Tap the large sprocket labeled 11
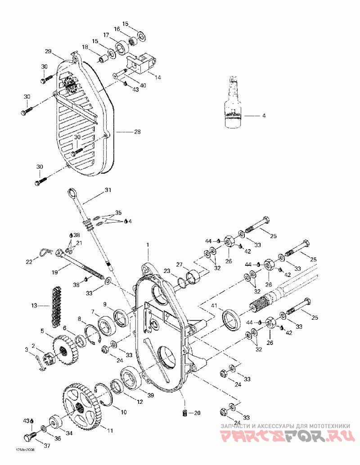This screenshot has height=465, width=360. point(81,405)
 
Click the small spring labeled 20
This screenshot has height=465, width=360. point(184,413)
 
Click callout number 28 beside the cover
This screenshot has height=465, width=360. point(137,132)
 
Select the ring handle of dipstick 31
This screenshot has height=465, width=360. point(72,193)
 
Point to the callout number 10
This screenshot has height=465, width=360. point(124,411)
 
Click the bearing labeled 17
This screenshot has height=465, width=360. point(121,46)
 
